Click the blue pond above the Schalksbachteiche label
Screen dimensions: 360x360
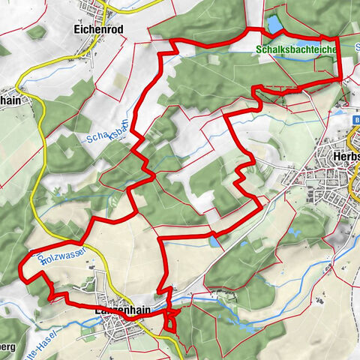pyautogui.click(x=274, y=25)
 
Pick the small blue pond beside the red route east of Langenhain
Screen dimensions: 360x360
pyautogui.click(x=215, y=242)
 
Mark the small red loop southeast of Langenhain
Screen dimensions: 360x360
pyautogui.click(x=171, y=320)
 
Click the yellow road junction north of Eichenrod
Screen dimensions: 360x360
pyautogui.click(x=108, y=8)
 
